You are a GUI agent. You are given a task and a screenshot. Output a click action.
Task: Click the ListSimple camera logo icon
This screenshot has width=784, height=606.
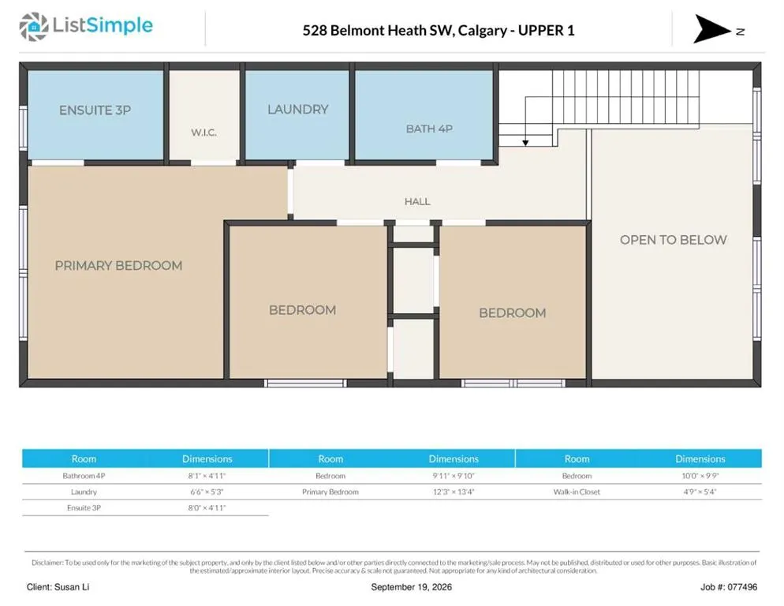[33, 27]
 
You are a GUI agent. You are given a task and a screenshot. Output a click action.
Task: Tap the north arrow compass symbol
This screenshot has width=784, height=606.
[711, 29]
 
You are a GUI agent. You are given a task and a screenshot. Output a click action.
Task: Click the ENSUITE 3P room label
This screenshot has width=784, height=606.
[95, 110]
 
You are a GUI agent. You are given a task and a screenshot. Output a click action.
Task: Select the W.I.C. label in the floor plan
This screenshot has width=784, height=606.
[203, 133]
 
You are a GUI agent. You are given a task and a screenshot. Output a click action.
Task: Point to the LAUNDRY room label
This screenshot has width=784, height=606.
[298, 109]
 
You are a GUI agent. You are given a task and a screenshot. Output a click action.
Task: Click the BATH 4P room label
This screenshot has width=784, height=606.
[429, 129]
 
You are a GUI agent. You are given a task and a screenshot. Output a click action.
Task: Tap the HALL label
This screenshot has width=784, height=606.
[417, 201]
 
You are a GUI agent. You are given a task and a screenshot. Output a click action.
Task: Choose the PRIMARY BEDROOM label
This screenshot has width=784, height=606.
[118, 265]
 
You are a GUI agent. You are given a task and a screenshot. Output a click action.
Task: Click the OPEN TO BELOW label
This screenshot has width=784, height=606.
[673, 240]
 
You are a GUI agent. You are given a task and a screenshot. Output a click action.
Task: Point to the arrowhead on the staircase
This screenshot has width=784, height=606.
[525, 143]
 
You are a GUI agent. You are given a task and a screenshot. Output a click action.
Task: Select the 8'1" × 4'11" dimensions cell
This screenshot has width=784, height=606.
[207, 476]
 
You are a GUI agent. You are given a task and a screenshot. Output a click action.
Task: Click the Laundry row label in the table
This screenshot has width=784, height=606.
[84, 492]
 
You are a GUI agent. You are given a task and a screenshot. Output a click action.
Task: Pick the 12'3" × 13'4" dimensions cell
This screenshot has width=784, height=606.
[454, 492]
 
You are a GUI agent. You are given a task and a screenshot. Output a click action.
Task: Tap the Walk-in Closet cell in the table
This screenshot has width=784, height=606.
[577, 492]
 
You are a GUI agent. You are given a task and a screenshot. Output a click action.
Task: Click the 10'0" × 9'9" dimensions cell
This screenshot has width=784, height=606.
[700, 476]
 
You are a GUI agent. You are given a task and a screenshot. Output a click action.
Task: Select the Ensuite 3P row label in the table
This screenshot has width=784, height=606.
[84, 508]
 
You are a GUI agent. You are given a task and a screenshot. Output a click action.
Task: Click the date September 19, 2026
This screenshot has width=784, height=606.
[411, 587]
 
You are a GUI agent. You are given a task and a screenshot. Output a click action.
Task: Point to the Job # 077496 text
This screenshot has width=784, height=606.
[729, 587]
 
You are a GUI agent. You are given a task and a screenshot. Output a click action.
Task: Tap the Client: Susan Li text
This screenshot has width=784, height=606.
[58, 587]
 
